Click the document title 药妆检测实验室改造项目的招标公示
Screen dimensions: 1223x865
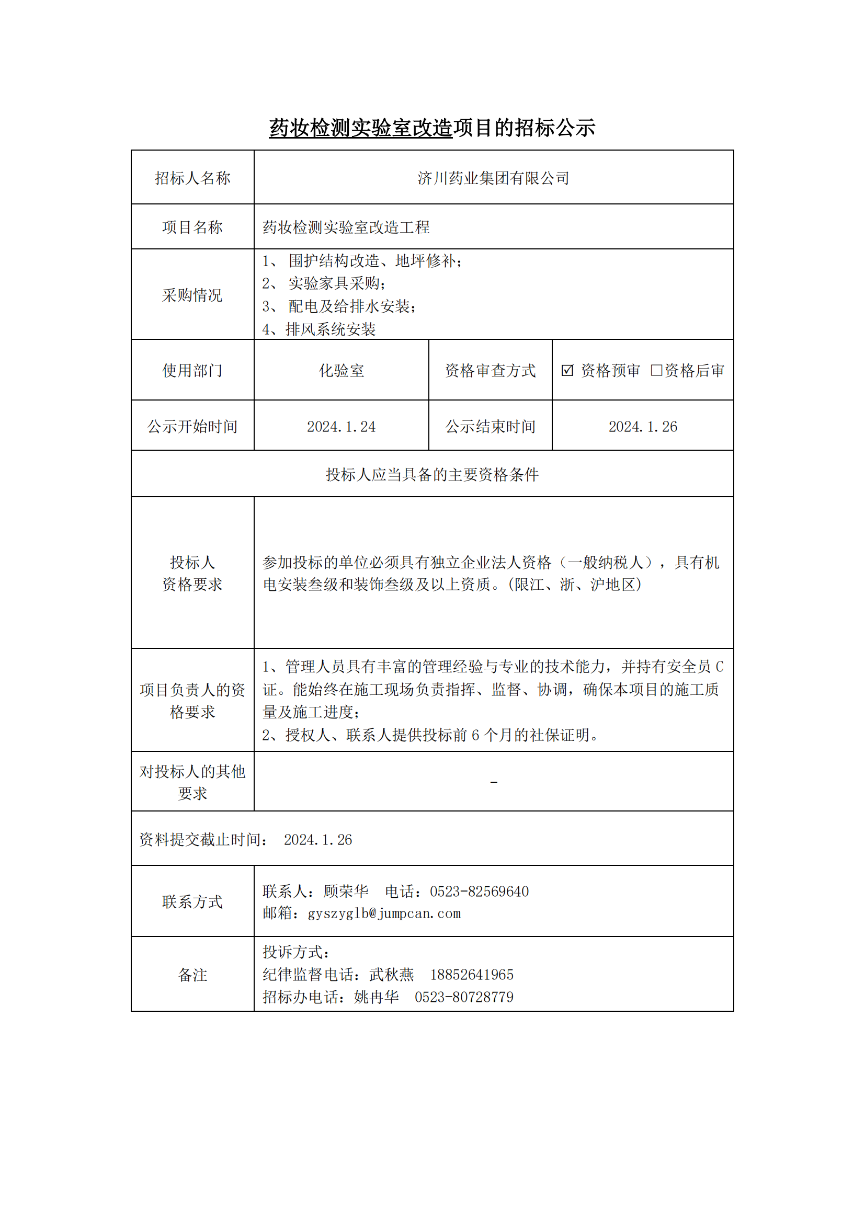432,128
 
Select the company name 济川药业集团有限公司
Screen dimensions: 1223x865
493,178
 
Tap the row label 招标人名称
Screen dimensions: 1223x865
192,178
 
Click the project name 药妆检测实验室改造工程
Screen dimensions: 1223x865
346,227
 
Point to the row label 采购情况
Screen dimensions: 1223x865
192,295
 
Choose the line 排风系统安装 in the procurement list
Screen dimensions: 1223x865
330,329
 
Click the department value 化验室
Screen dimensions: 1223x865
342,371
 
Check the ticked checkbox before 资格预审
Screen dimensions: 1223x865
567,370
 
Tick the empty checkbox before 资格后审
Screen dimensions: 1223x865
656,370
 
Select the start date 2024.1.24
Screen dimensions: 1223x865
342,427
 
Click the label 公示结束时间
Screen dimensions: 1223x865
490,427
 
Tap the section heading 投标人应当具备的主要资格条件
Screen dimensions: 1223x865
432,475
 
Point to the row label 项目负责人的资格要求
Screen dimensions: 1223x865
192,701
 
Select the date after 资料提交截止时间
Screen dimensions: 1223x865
318,840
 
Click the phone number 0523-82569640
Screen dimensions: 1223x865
480,891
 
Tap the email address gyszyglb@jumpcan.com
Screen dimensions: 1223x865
384,913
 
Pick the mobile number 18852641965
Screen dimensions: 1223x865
472,975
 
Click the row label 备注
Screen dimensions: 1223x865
192,975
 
